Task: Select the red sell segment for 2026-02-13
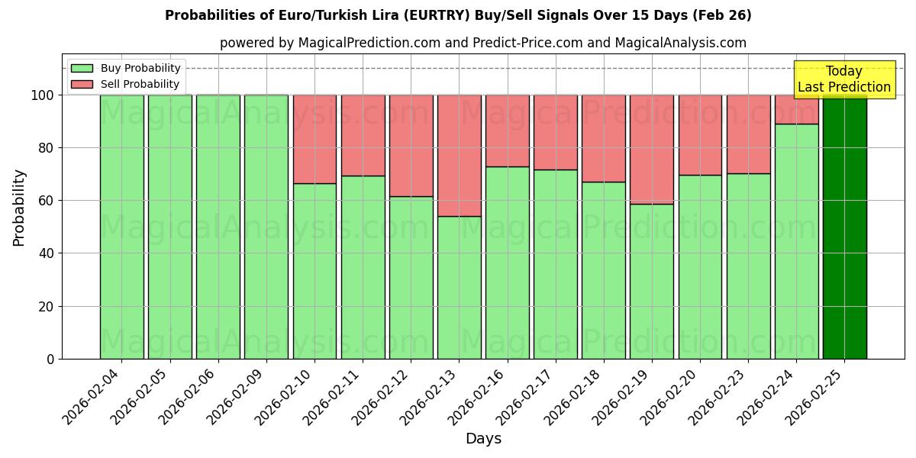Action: click(459, 156)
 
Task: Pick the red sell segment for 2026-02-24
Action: click(796, 109)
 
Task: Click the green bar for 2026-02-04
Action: click(121, 227)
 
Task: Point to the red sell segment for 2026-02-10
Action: click(314, 139)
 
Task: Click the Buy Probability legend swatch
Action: click(82, 68)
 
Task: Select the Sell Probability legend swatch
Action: click(82, 84)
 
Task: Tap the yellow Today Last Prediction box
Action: click(843, 79)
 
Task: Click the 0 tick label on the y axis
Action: click(50, 359)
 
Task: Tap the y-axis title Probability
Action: click(19, 208)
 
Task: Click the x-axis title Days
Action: click(483, 439)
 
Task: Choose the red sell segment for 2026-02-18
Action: click(603, 138)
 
